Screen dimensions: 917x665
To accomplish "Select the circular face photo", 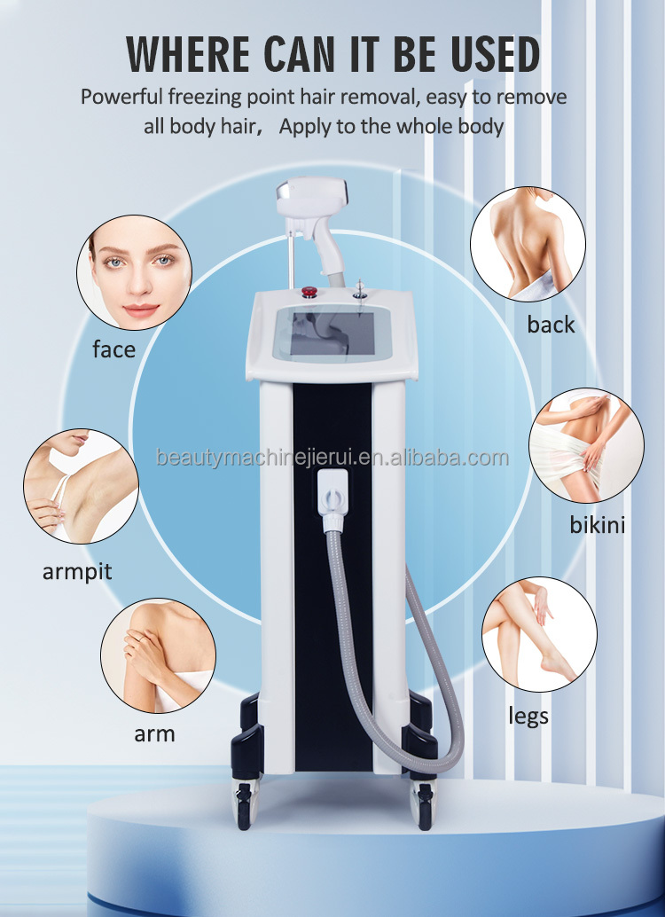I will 134,273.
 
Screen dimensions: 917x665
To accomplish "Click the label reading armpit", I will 77,571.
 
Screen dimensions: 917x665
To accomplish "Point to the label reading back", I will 551,325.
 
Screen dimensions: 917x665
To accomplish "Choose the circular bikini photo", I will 586,444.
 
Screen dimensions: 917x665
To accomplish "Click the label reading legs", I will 528,715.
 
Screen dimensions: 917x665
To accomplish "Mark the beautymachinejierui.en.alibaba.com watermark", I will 332,458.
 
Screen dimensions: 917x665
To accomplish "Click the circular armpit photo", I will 81,487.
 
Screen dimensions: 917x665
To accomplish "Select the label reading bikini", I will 597,525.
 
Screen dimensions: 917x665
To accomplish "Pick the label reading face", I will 114,349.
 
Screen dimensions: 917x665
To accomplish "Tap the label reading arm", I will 154,733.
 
